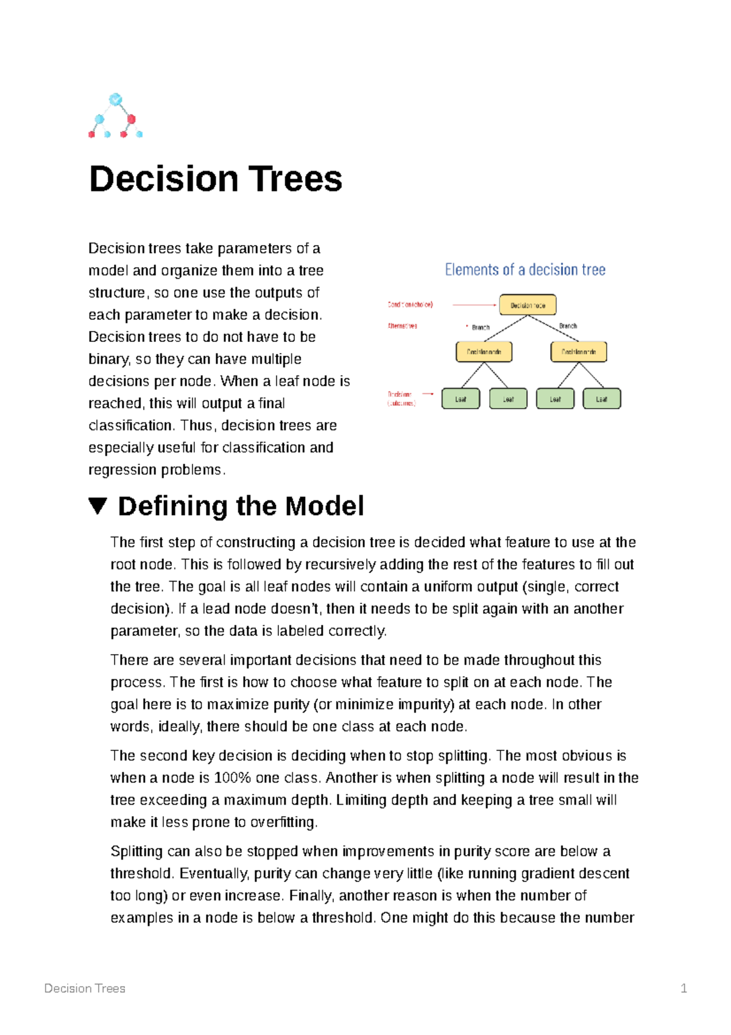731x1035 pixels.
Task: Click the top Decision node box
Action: [x=528, y=305]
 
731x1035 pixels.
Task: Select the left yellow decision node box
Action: [x=484, y=352]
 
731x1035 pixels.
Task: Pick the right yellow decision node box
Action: [x=578, y=352]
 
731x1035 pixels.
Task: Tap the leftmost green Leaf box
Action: [x=461, y=399]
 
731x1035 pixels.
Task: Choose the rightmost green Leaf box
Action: [x=601, y=399]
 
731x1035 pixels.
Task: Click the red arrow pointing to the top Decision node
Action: [x=475, y=305]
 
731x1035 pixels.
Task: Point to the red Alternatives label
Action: [x=403, y=326]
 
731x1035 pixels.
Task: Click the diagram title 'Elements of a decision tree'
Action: [x=525, y=269]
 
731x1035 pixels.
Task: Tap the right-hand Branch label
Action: [x=568, y=326]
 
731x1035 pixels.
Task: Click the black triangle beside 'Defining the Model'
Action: [x=97, y=506]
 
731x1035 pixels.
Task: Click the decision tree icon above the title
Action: [x=116, y=116]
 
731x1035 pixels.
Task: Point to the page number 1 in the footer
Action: [x=683, y=988]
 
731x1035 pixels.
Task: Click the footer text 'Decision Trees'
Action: [x=85, y=988]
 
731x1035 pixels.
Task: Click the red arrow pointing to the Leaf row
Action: [x=428, y=394]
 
